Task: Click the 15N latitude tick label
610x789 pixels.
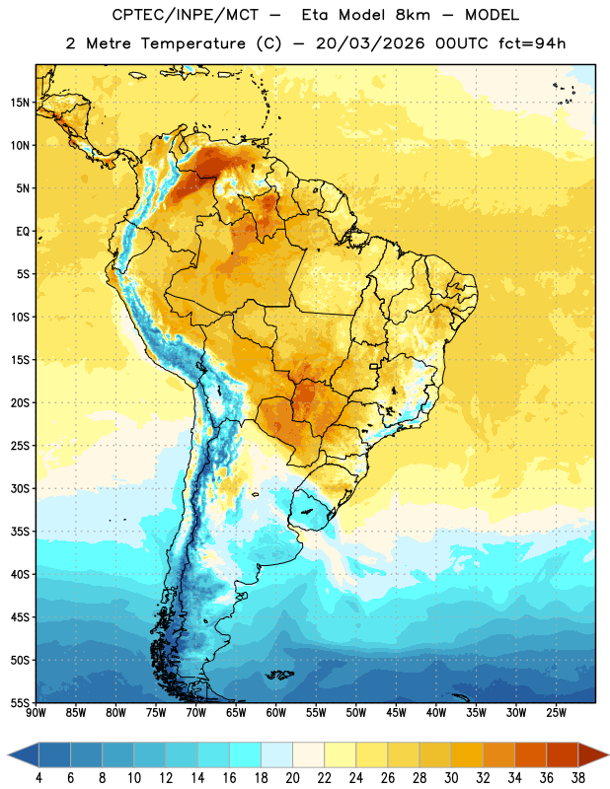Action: [20, 103]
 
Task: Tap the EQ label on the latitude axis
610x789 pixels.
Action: [23, 232]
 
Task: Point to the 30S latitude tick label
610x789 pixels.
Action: [20, 488]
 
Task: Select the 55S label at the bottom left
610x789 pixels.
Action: [20, 703]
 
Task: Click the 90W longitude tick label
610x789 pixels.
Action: [37, 713]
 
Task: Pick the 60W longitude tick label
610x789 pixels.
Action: [276, 713]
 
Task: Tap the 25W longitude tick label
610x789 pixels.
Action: [556, 713]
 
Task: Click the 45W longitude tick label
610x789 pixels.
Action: [397, 713]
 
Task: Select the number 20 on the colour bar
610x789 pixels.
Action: [292, 778]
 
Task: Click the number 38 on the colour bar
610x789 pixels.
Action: [578, 778]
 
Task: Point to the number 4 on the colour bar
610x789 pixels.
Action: [38, 778]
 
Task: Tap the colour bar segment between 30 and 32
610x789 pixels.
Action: [467, 754]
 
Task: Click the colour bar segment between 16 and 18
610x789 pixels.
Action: [245, 754]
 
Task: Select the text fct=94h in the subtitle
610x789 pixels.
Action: [532, 43]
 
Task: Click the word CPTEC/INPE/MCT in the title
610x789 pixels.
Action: [186, 15]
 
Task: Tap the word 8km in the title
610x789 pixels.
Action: [413, 15]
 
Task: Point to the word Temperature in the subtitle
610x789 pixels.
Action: [192, 43]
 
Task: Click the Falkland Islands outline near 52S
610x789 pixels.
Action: [279, 675]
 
